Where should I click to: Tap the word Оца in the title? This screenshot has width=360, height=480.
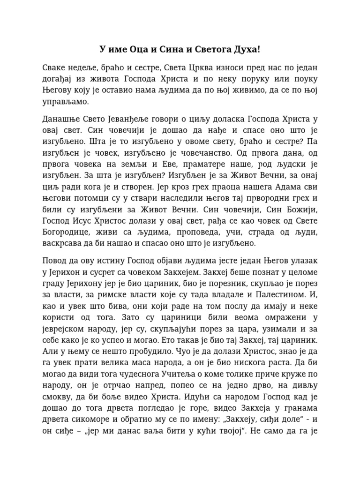pos(139,49)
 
